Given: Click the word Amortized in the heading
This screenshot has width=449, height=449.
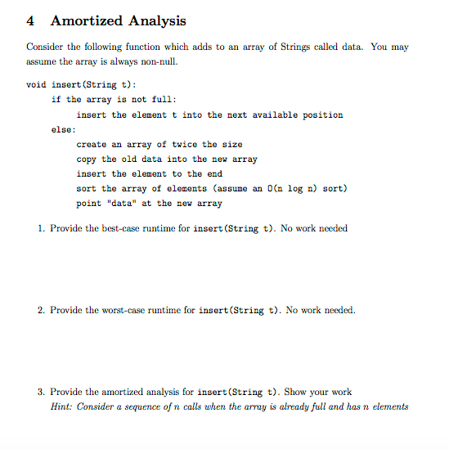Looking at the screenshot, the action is pos(86,21).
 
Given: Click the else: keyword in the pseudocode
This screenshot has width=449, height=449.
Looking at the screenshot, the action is pos(63,129).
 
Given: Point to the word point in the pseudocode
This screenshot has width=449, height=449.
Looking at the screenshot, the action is pos(91,203).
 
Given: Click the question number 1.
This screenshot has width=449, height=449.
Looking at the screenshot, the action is pos(42,228).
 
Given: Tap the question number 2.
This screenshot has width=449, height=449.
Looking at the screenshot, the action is pos(42,311).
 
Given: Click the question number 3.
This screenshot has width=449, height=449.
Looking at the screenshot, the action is pos(42,393).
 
